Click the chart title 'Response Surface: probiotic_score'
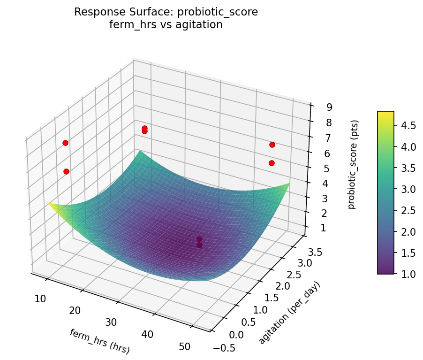[166, 12]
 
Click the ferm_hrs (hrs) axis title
[99, 341]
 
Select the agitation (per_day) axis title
[289, 313]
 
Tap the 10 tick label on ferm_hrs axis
[40, 299]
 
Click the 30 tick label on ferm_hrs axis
[111, 322]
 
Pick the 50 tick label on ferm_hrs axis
[184, 347]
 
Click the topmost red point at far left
[65, 143]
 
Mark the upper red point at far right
[272, 145]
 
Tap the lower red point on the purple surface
[199, 245]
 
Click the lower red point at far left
[66, 171]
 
